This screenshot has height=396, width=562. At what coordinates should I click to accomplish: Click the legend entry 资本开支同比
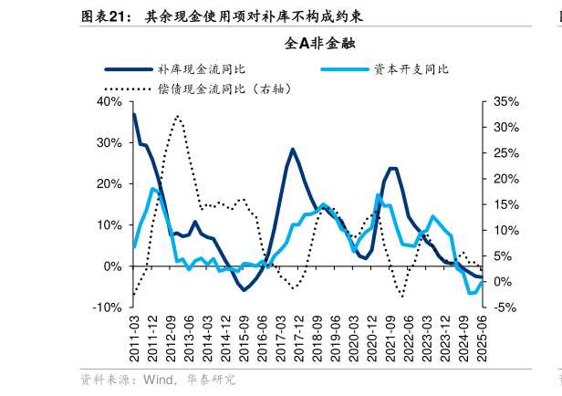click(x=411, y=68)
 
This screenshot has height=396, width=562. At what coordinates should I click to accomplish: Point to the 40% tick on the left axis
click(x=109, y=102)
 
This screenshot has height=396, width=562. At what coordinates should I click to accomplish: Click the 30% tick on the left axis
click(x=109, y=143)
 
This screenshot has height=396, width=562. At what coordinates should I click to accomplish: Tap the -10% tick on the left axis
click(x=107, y=307)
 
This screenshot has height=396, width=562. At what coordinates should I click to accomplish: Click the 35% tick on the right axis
click(x=505, y=102)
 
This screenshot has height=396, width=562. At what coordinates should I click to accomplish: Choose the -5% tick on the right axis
click(x=505, y=307)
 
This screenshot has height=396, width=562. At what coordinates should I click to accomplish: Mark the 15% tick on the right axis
click(x=505, y=205)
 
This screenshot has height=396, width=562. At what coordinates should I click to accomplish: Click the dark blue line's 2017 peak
click(x=293, y=149)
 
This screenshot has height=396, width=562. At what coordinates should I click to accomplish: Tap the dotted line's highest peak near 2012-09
click(x=178, y=116)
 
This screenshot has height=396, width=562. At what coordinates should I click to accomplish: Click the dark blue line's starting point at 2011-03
click(x=134, y=114)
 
